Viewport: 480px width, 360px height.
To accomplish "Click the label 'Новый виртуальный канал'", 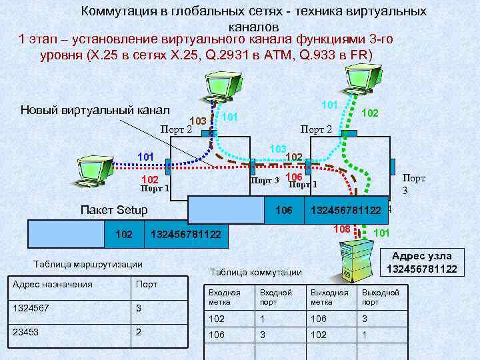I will (95, 110).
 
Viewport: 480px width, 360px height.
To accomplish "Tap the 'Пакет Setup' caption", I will (113, 211).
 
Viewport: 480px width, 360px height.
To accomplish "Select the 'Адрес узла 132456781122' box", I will (421, 262).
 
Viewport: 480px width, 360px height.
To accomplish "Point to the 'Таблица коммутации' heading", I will (256, 272).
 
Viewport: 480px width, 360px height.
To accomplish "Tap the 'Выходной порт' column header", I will (380, 297).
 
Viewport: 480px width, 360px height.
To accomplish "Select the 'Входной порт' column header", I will (275, 297).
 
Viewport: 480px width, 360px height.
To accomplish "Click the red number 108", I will (341, 229).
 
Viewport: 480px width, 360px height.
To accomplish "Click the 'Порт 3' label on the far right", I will (413, 183).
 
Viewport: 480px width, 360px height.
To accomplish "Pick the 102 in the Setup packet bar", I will (124, 235).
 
